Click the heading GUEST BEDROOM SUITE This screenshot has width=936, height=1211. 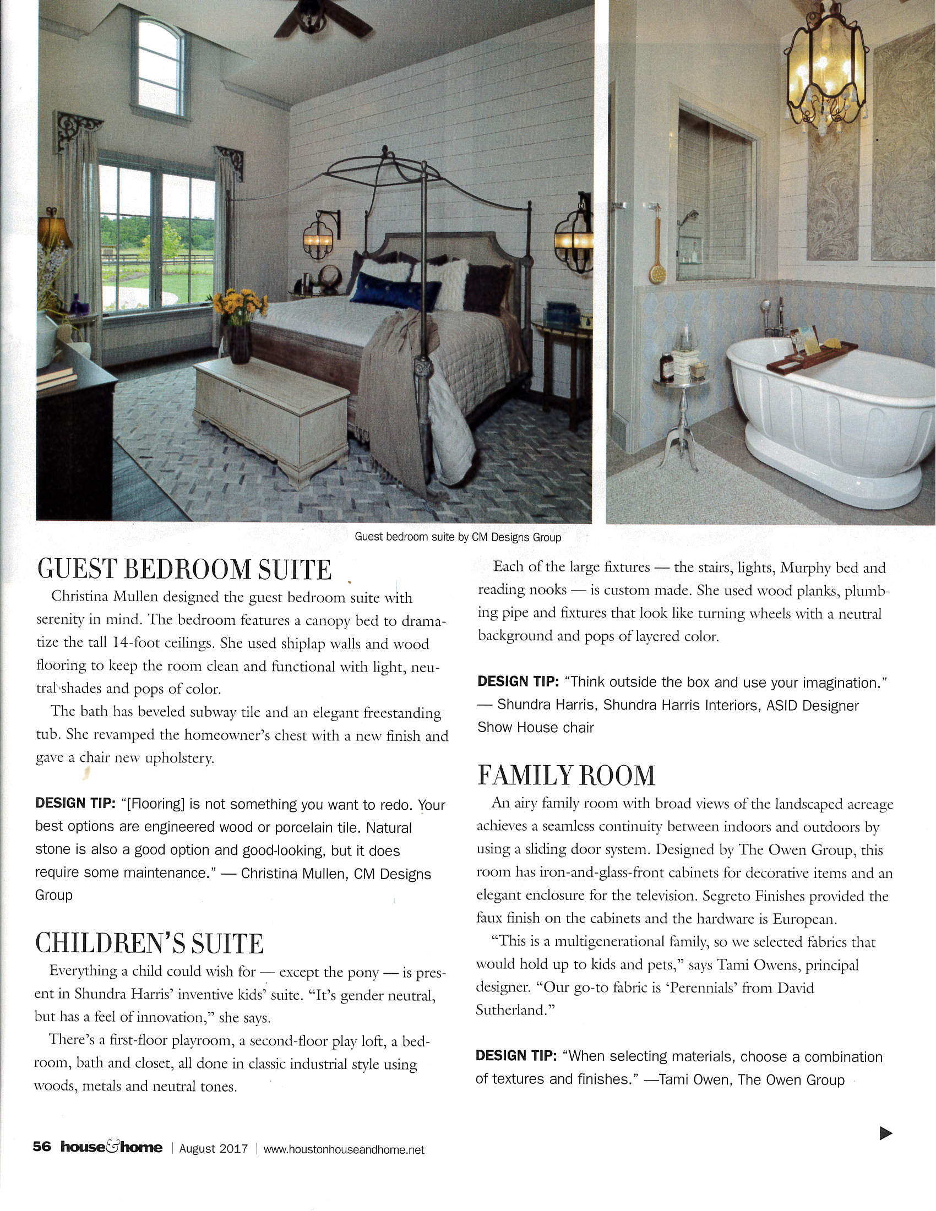184,570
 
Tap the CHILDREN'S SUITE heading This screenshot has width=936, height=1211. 149,943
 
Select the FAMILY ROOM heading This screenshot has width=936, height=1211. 566,775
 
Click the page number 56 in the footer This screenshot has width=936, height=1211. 42,1147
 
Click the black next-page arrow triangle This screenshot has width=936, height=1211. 885,1133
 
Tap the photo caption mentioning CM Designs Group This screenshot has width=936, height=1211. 458,537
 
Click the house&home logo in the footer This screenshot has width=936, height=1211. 111,1147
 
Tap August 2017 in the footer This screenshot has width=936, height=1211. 213,1149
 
